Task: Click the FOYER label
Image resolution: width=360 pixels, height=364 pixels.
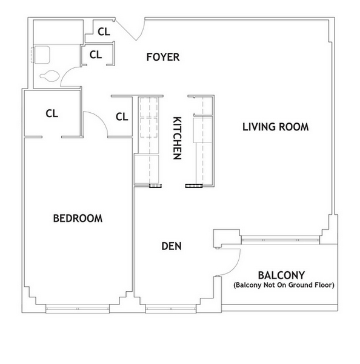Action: click(163, 58)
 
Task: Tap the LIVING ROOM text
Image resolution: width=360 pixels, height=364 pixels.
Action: click(276, 127)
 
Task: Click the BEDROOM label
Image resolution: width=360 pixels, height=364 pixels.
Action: click(77, 218)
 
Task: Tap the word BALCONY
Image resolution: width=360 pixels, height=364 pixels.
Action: click(281, 274)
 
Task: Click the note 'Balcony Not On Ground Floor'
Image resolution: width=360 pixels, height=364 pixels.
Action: click(284, 285)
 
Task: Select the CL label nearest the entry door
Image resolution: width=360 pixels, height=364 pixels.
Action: click(104, 32)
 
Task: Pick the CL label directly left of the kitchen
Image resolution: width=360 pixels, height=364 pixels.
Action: click(121, 116)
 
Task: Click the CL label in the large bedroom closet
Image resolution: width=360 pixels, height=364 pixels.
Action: click(52, 113)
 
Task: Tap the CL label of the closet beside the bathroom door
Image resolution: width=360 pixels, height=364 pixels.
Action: click(96, 55)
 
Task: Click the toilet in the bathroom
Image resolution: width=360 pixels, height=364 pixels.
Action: click(49, 77)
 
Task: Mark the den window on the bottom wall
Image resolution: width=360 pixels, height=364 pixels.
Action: click(166, 308)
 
